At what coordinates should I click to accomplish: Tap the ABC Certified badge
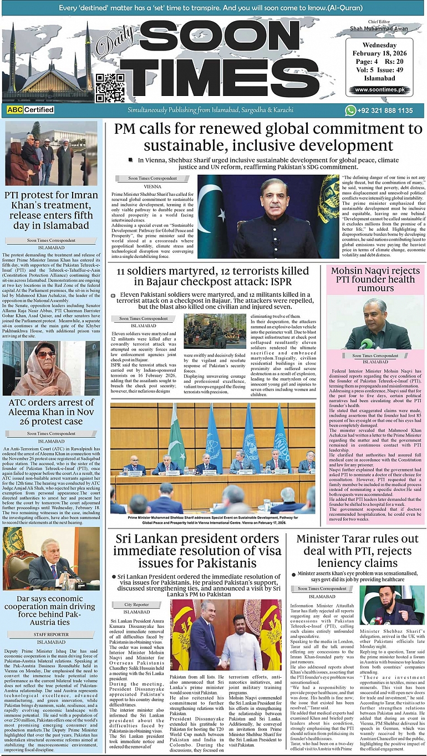coord(30,110)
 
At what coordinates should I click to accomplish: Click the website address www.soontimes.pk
coord(379,89)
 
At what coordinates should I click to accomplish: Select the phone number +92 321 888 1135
coord(386,111)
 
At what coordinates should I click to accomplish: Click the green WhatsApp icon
coord(350,110)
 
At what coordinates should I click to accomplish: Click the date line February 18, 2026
coord(379,53)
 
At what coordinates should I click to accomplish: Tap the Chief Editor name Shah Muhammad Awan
coord(379,28)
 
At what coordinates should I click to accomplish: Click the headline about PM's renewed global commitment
coord(268,137)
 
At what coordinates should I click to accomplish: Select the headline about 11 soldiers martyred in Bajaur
coord(213,277)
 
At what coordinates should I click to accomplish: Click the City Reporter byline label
coord(136,605)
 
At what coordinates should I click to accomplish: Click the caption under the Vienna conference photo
coord(213,519)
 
